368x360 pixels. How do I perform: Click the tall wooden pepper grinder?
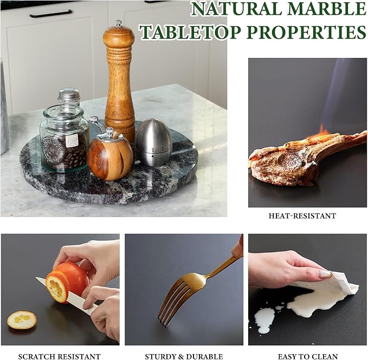[119, 82]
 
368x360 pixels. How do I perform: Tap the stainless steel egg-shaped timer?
[153, 142]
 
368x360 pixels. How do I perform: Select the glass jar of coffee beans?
[64, 138]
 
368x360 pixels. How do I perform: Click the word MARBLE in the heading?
[326, 9]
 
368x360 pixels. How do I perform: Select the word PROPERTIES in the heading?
[306, 32]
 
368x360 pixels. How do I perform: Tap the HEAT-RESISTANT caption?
[302, 216]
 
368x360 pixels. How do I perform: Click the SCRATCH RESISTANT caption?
[60, 357]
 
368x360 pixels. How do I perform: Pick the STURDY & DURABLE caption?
[184, 357]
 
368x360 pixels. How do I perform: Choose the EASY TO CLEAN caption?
[308, 357]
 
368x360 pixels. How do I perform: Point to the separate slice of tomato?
[22, 320]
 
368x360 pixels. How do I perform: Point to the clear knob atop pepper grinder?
[119, 23]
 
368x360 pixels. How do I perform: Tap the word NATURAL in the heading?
[237, 9]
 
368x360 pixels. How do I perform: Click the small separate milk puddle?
[264, 320]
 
